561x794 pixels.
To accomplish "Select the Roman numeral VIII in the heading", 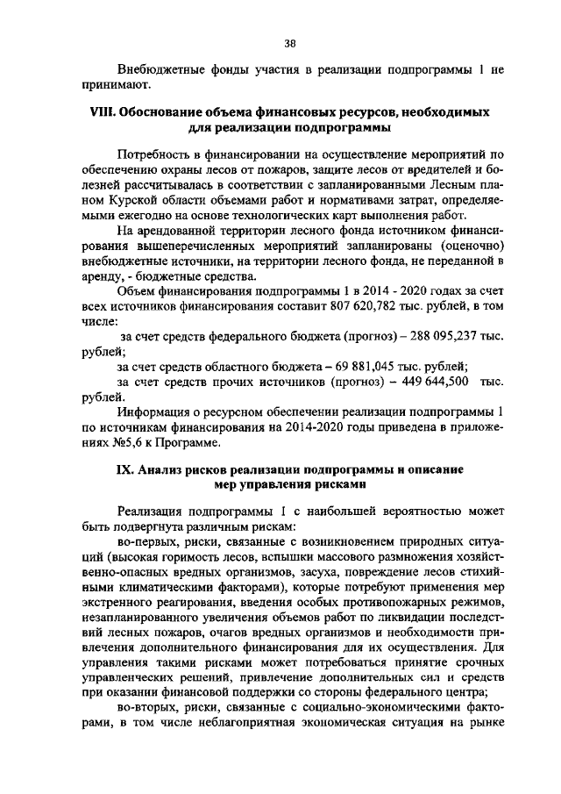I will click(x=105, y=113).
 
